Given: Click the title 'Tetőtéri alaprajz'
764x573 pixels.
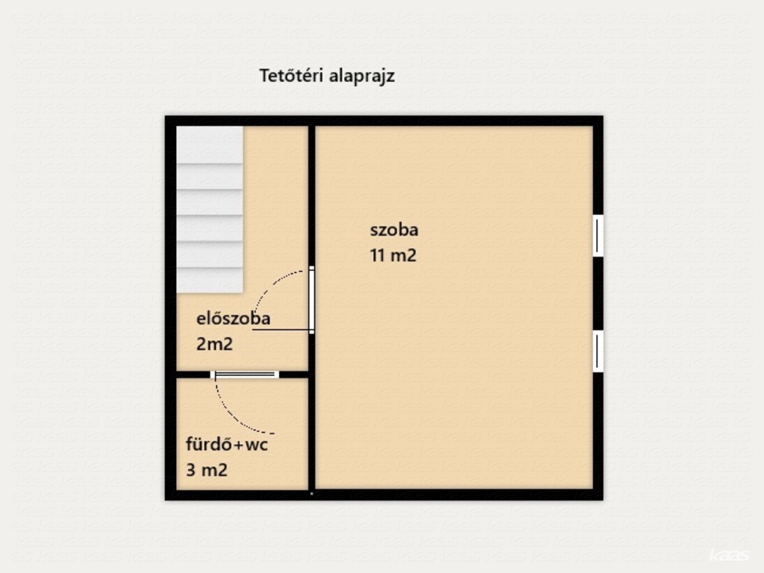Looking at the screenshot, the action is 327,76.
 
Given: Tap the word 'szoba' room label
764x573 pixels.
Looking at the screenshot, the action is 394,230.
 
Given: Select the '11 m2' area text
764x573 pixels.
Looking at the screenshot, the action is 393,255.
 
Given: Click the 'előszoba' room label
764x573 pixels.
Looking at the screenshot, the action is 233,318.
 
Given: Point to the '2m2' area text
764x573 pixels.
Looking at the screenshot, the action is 214,344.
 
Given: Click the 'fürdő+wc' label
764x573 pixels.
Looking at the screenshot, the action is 227,445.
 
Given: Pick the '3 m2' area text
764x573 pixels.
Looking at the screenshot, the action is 207,470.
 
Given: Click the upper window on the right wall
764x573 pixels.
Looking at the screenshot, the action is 598,235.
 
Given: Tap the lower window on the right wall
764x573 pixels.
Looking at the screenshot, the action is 598,351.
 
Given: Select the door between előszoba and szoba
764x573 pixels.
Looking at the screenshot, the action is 311,300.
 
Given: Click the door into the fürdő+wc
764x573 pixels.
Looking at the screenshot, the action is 245,375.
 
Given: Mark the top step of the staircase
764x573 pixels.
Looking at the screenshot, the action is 210,145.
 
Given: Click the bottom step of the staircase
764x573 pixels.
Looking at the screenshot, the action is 210,281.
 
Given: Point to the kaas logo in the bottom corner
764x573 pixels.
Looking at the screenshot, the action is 729,555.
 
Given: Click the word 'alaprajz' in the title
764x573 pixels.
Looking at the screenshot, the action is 362,77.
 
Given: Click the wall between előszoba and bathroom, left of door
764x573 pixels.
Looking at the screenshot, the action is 193,375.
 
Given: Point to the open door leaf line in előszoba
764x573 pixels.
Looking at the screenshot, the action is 281,330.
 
